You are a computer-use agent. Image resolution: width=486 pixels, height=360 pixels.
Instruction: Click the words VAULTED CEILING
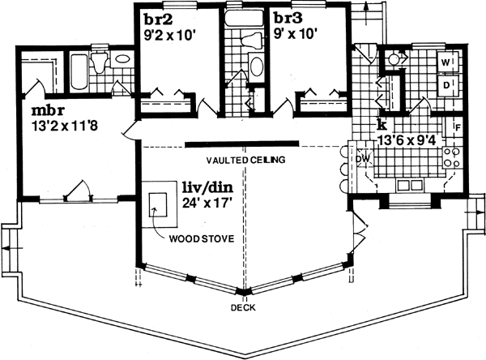coord(245,161)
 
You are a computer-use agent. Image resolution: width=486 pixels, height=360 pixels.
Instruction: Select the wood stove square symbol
coord(159,206)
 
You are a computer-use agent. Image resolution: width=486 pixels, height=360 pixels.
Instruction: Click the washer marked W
coord(447,61)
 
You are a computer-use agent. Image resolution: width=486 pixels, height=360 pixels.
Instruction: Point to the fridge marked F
coord(458,127)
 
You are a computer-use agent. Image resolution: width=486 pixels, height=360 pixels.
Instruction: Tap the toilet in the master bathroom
coord(100,60)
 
